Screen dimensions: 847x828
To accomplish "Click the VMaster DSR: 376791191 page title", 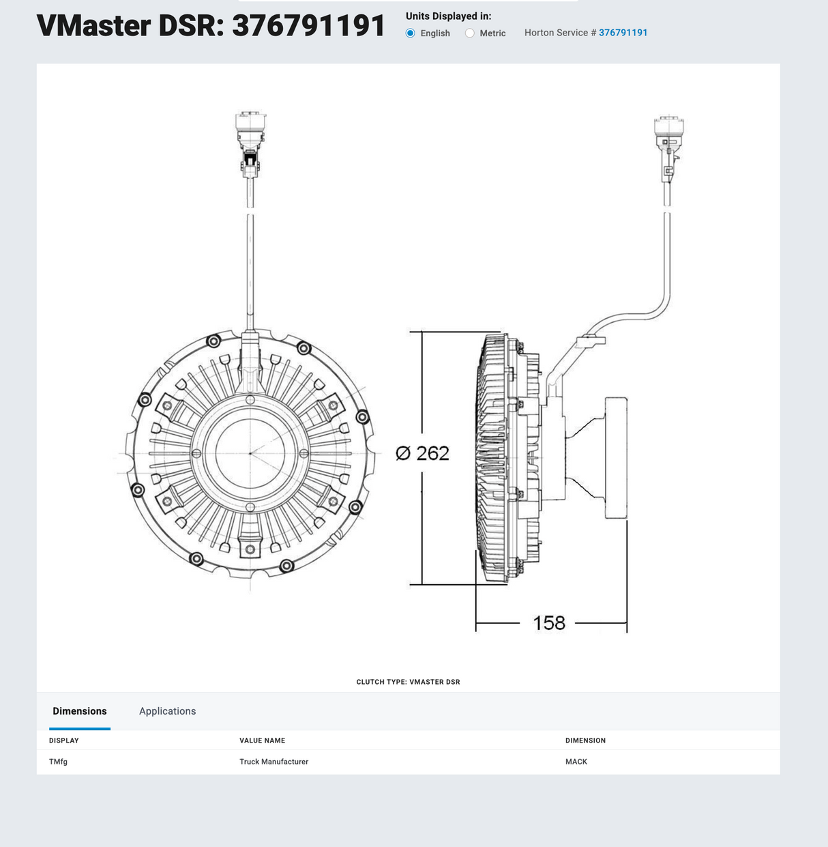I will point(211,26).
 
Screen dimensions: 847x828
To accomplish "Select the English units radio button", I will point(411,33).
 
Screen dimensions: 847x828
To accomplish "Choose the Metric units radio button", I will point(470,33).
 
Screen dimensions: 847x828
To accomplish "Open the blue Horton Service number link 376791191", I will point(623,33).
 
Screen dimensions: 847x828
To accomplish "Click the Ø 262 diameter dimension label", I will point(422,453).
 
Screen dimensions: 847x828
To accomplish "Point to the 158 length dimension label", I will point(549,623).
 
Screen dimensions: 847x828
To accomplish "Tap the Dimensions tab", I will point(80,711).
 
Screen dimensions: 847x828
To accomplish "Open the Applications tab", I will point(167,711).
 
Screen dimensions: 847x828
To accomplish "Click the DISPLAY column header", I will point(64,741).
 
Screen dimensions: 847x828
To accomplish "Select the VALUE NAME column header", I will point(262,741).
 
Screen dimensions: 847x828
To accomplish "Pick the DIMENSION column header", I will point(585,741).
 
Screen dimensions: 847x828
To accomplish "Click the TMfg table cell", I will point(59,762).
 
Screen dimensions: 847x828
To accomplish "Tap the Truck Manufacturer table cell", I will point(273,762).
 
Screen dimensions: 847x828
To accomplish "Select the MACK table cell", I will point(576,762).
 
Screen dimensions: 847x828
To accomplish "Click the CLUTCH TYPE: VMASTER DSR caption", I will point(408,682).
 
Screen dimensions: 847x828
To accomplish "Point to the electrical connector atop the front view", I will point(250,140).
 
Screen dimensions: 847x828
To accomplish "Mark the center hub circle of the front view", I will point(250,453).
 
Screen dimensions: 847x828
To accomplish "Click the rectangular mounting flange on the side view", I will point(616,458).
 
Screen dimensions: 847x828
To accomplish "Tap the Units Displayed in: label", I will point(448,16).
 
